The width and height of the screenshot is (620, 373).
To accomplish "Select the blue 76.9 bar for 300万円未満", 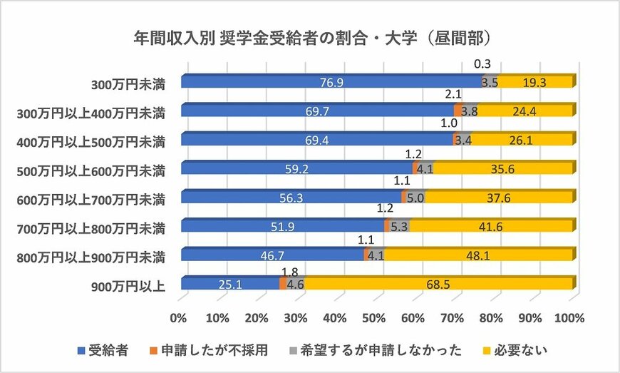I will (x=331, y=82).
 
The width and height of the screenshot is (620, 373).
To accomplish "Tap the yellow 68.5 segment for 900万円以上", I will (x=438, y=285).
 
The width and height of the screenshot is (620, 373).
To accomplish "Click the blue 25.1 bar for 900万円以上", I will (x=229, y=285).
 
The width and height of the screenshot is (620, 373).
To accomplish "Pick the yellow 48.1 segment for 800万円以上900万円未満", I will (x=478, y=255).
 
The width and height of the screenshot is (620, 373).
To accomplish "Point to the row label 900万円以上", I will (x=129, y=286).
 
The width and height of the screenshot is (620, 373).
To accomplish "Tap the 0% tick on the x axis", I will (x=179, y=317).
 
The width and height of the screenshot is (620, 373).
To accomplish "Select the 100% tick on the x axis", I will (x=570, y=317).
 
